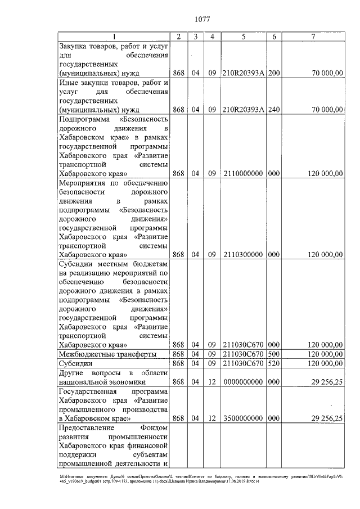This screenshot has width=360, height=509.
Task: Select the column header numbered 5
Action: [x=242, y=37]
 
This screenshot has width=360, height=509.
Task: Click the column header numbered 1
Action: [x=114, y=37]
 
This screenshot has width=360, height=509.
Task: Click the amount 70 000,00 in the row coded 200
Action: [x=328, y=73]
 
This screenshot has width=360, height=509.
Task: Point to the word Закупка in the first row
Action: [x=76, y=46]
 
